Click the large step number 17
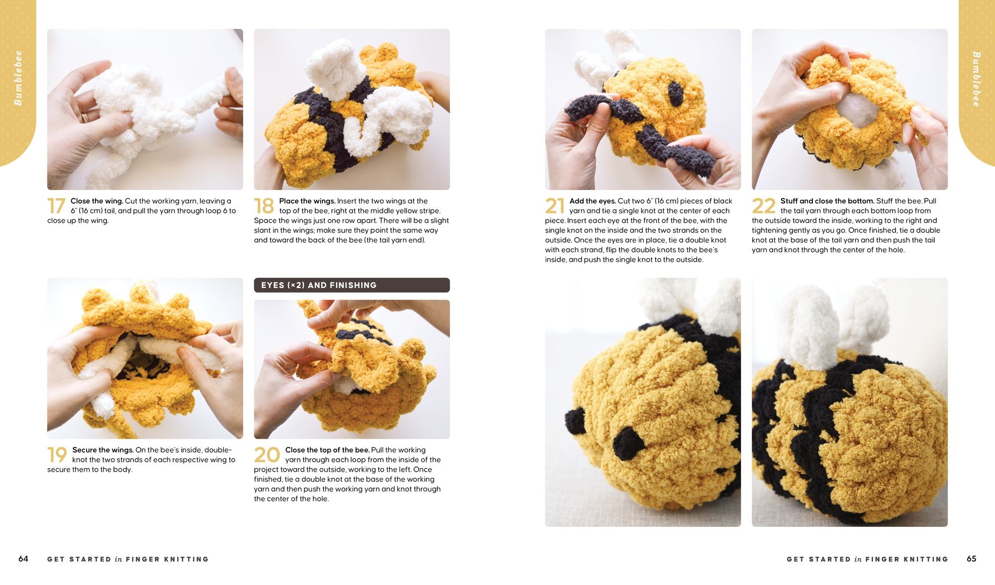pos(56,206)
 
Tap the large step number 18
pos(264,206)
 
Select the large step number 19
pos(57,455)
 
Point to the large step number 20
pos(267,455)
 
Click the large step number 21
pos(555,206)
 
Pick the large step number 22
pos(764,206)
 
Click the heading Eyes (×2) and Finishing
pos(319,285)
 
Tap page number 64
pos(23,559)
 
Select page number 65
pos(972,559)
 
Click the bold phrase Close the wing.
pos(97,201)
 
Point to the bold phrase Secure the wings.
pos(103,450)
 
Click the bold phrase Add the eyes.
pos(593,201)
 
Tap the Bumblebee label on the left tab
pos(18,78)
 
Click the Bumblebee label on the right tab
pos(977,79)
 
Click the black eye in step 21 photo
pos(675,93)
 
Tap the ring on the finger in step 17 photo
pos(85,118)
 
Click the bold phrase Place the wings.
pos(307,201)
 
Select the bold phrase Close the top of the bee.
pos(327,450)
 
